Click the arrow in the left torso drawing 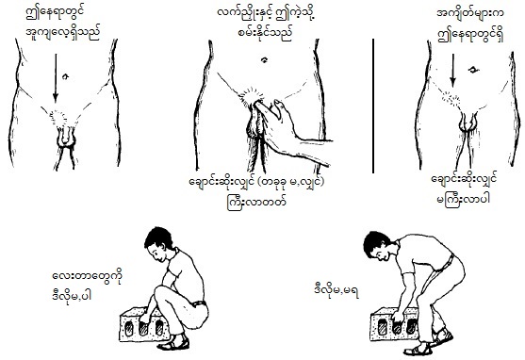click(x=56, y=77)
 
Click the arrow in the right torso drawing click(x=452, y=71)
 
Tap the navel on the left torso click(x=65, y=76)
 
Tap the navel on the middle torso click(x=265, y=60)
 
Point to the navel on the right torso click(x=473, y=70)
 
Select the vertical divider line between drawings click(x=373, y=106)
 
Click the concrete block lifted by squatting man click(x=144, y=324)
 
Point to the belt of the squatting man click(x=199, y=303)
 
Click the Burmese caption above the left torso click(x=63, y=24)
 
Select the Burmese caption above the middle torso click(x=267, y=24)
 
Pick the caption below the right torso click(x=464, y=189)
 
